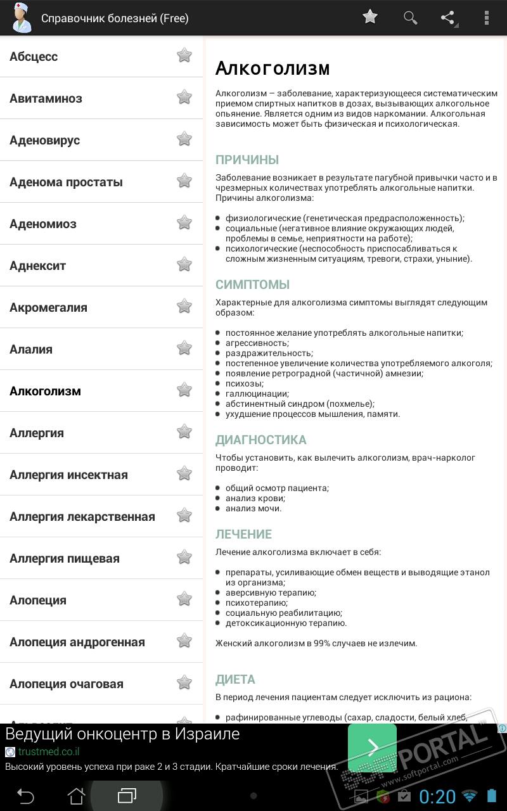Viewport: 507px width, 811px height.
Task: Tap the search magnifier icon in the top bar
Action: pos(411,18)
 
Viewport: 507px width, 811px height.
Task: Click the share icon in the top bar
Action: pos(448,18)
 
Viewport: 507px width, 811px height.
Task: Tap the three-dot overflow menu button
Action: pos(487,18)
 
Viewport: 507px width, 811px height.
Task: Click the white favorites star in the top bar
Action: pos(370,17)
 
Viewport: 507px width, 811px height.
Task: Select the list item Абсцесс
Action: pos(34,56)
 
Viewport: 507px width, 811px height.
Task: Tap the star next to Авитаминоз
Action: pos(184,98)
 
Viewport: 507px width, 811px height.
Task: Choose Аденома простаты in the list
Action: pos(66,182)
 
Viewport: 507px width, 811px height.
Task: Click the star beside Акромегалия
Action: pos(184,307)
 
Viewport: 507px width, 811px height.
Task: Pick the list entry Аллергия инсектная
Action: pos(68,475)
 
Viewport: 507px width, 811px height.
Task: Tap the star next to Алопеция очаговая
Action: pos(184,683)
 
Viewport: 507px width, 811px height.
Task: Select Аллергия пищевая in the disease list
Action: pos(65,558)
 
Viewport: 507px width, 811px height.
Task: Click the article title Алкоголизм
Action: pos(273,68)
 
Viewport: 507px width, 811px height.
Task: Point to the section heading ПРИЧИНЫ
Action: pos(247,160)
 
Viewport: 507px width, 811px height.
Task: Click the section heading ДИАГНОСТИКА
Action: pos(260,440)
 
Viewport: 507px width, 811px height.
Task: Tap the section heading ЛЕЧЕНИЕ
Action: pos(243,534)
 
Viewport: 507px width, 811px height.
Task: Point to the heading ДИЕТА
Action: pos(235,679)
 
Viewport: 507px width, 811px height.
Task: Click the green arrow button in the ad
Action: pos(372,748)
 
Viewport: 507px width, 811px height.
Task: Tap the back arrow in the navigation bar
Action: pos(25,795)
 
